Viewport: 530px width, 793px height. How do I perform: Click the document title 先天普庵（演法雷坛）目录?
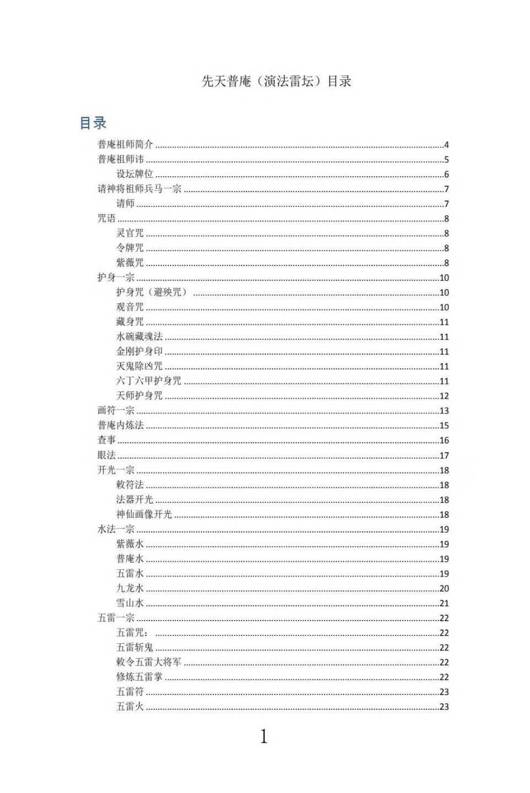tap(277, 82)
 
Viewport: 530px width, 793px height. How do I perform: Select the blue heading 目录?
tap(93, 123)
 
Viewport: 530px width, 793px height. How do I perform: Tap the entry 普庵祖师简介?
tap(125, 145)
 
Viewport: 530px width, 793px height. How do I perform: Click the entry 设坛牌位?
tap(134, 174)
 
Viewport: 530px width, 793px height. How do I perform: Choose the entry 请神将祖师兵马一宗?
tap(139, 189)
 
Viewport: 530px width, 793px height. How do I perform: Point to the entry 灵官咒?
tap(130, 233)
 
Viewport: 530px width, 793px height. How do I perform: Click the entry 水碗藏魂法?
tap(139, 336)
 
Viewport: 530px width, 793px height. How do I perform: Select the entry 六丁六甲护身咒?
tap(149, 381)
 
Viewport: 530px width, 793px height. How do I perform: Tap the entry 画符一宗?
tap(116, 410)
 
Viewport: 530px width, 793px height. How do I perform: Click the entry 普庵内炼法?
tap(121, 425)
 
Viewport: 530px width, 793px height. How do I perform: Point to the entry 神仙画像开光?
tap(144, 514)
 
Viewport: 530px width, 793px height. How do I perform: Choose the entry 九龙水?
tap(130, 588)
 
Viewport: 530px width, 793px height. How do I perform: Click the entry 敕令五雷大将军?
tap(149, 662)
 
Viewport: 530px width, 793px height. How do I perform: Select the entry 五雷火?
tap(130, 707)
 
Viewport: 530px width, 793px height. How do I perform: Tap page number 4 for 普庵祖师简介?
tap(446, 145)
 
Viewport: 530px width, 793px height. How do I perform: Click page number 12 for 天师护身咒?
tap(444, 396)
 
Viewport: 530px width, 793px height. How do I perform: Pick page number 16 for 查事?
tap(444, 441)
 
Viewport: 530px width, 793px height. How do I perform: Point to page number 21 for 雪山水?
tap(444, 604)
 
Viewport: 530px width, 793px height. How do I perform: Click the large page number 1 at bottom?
tap(264, 736)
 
